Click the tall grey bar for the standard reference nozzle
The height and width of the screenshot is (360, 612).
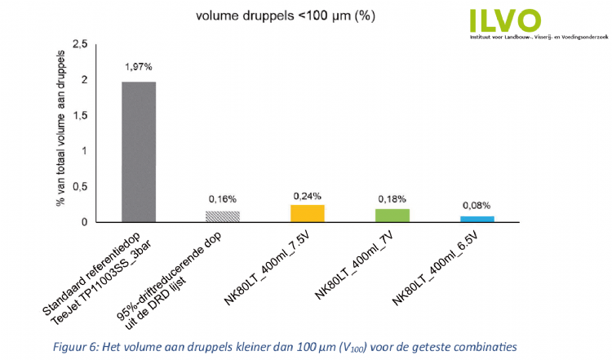pos(139,152)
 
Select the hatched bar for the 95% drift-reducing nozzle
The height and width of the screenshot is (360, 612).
pos(223,216)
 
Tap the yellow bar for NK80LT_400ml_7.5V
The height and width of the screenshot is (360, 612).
pos(308,213)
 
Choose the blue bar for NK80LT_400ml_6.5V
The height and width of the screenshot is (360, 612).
pos(477,219)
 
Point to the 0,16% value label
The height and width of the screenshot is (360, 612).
pos(223,198)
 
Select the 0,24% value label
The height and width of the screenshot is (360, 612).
pos(308,195)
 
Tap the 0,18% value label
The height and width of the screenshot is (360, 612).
pos(392,199)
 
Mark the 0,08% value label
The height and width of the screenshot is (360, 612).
pos(477,206)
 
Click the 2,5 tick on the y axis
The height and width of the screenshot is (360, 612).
pos(80,44)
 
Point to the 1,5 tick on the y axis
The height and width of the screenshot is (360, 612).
pos(80,115)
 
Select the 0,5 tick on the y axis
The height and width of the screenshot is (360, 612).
pos(80,186)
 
